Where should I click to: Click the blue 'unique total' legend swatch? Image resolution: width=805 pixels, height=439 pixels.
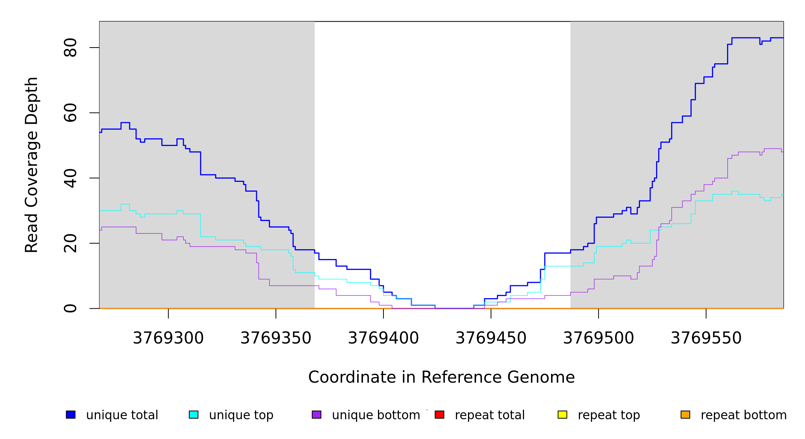click(71, 414)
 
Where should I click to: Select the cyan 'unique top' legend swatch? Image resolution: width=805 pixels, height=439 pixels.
click(194, 414)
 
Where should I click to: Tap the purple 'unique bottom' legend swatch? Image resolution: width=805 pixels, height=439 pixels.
click(317, 414)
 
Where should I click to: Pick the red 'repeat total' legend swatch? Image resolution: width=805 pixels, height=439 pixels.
click(439, 414)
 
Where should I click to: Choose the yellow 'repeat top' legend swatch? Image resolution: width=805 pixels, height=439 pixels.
click(562, 414)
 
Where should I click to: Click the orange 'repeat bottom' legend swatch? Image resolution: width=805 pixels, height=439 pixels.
click(685, 414)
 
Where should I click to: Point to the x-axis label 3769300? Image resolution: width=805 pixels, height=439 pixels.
click(168, 338)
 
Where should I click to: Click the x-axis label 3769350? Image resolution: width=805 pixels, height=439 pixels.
click(276, 338)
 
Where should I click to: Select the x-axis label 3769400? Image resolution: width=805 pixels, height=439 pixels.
click(383, 338)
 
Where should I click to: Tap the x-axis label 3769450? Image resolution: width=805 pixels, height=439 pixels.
click(491, 338)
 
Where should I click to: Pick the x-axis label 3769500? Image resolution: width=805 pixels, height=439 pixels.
click(599, 338)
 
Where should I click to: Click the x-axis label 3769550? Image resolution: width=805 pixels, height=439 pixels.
click(706, 338)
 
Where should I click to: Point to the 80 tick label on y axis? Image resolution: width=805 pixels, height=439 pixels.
click(70, 48)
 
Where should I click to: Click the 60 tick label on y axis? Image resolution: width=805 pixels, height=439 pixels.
click(70, 113)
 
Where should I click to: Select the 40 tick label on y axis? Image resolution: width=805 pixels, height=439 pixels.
click(70, 178)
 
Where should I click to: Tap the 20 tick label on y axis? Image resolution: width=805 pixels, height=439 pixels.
click(70, 243)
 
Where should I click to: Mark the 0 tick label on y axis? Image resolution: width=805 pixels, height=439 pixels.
click(70, 308)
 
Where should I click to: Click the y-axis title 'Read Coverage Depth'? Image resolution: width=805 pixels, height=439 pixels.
click(31, 165)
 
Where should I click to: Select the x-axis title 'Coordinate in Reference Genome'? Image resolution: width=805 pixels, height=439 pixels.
click(441, 377)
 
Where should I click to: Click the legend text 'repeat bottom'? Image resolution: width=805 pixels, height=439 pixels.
click(744, 415)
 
